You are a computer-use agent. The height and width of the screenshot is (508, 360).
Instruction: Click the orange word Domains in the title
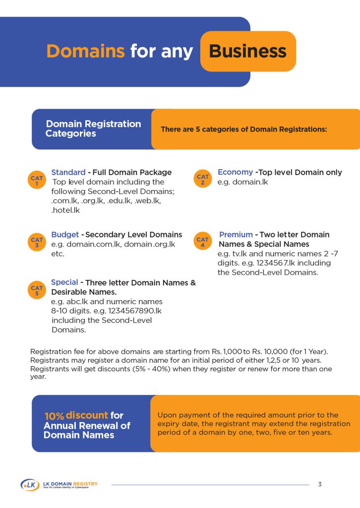click(x=85, y=51)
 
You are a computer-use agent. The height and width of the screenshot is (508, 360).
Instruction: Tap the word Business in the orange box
click(x=247, y=51)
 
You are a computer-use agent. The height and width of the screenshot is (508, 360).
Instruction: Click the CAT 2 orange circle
click(x=202, y=180)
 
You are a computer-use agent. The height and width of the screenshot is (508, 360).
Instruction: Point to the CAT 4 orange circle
click(x=202, y=242)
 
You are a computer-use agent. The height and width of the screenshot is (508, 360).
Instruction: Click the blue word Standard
click(x=68, y=172)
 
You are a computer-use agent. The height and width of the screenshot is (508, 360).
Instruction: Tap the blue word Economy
click(x=235, y=172)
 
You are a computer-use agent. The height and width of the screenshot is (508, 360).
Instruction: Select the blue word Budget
click(x=65, y=235)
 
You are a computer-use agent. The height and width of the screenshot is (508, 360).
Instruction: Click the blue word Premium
click(x=236, y=235)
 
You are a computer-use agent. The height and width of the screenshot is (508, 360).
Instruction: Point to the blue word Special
click(x=64, y=283)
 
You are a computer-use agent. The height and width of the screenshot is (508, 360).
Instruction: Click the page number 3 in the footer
click(x=320, y=484)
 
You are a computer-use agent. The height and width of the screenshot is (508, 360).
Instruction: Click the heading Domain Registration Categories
click(x=93, y=128)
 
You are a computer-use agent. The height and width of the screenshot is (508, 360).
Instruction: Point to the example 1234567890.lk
click(x=135, y=311)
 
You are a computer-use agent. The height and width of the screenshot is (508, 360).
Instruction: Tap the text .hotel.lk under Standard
click(x=65, y=210)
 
